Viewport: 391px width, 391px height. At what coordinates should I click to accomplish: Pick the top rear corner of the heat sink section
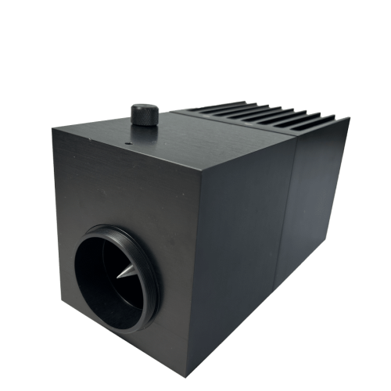349,119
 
